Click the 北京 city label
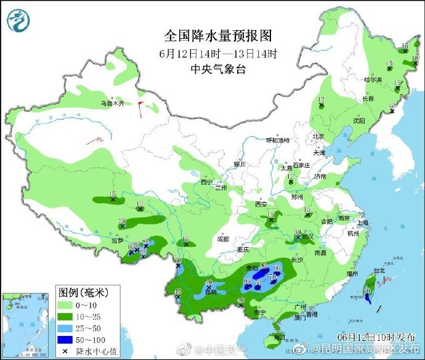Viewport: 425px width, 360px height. point(318,136)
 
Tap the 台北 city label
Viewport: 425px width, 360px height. point(379,270)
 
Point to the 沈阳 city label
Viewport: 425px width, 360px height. point(358,120)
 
